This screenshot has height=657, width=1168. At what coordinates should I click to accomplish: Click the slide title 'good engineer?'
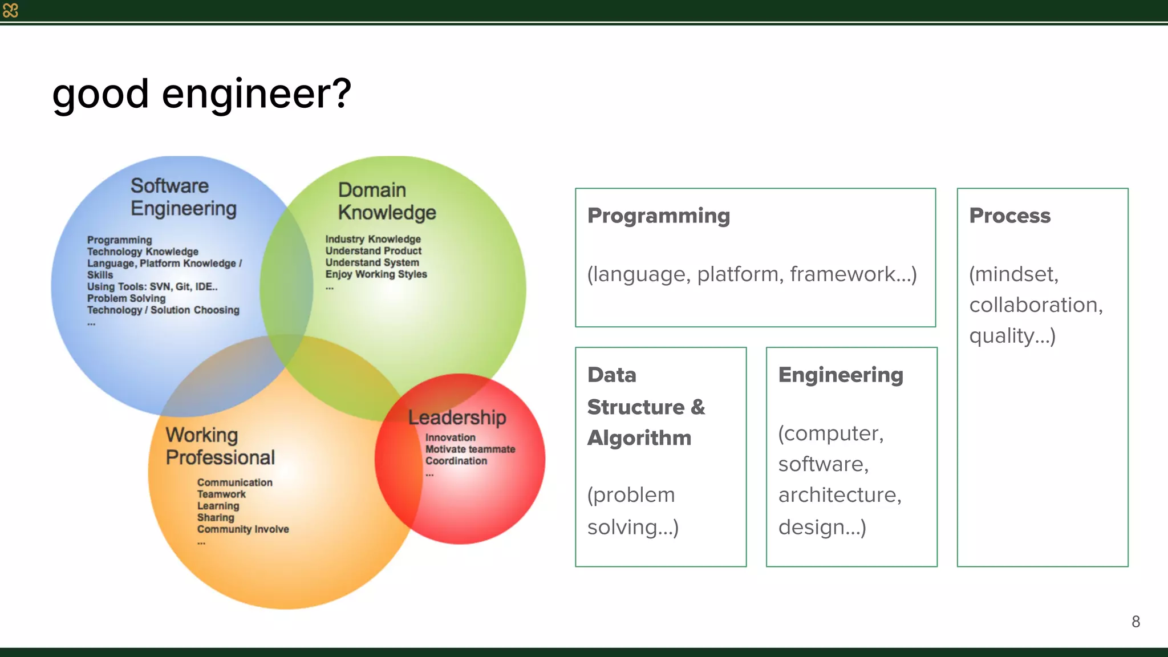tap(201, 94)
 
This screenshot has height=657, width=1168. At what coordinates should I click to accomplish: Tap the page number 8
tap(1135, 622)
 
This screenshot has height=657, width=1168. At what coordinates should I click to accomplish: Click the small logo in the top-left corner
tap(10, 10)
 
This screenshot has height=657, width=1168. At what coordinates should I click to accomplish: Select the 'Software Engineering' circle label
tap(183, 197)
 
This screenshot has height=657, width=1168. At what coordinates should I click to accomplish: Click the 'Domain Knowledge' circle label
tap(386, 201)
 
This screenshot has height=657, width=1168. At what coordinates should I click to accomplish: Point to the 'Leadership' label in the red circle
tap(457, 417)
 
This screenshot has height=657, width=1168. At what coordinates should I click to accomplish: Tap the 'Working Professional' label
tap(220, 446)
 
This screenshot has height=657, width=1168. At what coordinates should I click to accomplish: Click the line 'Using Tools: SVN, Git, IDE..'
tap(152, 287)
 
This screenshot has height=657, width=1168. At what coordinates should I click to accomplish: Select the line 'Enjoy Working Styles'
tap(376, 274)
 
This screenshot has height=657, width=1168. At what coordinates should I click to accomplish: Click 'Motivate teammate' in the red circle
tap(470, 449)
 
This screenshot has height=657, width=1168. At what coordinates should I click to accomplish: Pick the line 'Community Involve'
tap(243, 529)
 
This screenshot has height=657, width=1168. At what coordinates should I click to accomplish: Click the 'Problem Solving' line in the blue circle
tap(126, 298)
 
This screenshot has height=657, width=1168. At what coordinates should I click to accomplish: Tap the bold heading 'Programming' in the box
tap(658, 216)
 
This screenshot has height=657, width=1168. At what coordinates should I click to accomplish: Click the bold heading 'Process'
tap(1009, 216)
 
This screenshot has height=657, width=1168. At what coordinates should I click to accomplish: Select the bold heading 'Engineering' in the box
tap(841, 375)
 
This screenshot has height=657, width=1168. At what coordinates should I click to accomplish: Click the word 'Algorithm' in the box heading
tap(639, 438)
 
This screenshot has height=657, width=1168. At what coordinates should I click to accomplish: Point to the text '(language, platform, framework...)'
tap(752, 274)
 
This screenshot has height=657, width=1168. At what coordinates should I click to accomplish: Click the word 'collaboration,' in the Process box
tap(1036, 305)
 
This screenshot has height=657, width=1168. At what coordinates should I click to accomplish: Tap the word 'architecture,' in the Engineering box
tap(839, 495)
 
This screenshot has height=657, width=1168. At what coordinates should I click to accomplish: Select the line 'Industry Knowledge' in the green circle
tap(373, 240)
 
